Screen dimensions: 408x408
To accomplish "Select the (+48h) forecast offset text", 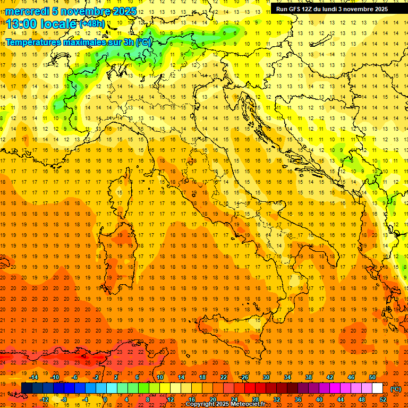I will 92,24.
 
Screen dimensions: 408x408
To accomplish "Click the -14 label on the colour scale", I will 33,377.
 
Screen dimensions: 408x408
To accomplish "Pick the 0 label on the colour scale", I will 105,399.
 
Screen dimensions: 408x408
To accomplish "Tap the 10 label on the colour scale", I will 159,377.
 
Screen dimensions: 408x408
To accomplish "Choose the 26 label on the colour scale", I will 244,377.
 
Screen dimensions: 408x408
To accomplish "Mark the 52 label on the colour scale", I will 383,399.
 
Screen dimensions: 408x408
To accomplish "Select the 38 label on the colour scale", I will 308,377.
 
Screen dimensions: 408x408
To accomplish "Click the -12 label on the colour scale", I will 45,399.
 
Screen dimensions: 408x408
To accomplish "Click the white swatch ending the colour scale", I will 377,388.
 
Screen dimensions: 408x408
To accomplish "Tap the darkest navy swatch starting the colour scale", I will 27,388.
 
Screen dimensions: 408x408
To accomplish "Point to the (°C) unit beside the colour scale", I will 396,388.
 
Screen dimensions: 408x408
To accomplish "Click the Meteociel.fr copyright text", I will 229,404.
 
